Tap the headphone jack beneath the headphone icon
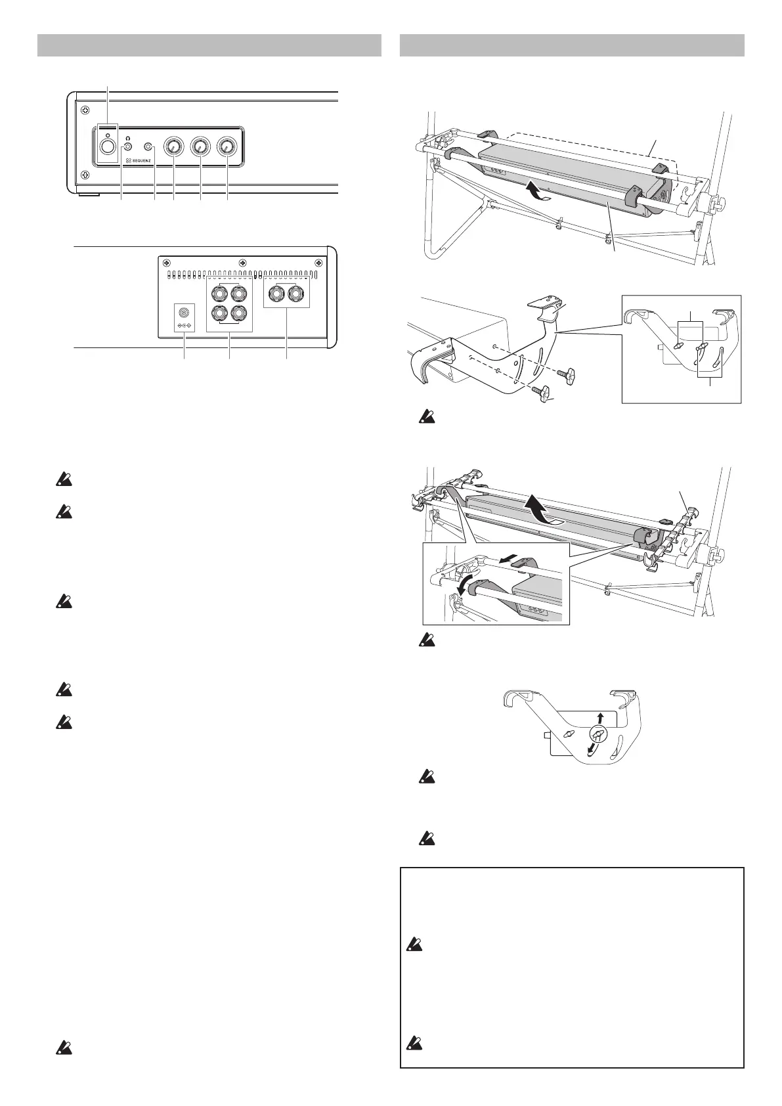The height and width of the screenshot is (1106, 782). [x=128, y=148]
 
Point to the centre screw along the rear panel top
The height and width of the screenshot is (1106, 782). [x=242, y=261]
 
